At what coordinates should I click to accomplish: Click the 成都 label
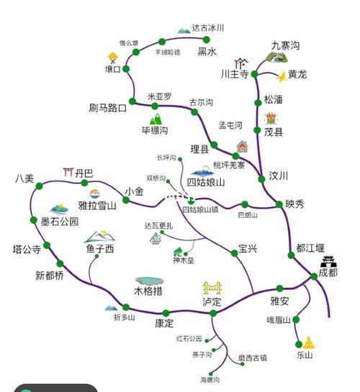pos(328,273)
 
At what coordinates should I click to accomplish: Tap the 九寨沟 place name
pos(285,46)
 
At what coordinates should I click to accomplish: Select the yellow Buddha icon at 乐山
pos(308,341)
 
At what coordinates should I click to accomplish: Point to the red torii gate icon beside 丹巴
pos(69,171)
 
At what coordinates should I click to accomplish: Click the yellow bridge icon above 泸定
pos(212,288)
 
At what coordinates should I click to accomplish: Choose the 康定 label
pos(164,323)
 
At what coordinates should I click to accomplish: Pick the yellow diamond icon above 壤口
pos(112,56)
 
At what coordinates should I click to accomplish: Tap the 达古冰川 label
pos(209,28)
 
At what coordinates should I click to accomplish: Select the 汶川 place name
pos(278,176)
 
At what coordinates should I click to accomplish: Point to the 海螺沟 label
pos(210,379)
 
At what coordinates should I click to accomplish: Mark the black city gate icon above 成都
pos(328,260)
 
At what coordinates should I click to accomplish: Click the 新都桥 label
pos(50,276)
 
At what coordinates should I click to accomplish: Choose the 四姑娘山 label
pos(206,183)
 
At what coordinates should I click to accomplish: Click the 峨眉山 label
pos(279,320)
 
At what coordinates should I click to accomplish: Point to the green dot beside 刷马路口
pos(132,102)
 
